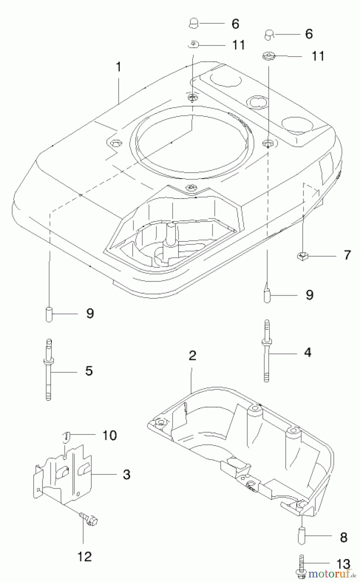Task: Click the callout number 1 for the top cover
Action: click(x=118, y=67)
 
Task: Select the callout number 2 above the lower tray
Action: click(x=192, y=356)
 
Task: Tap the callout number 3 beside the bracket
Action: click(x=126, y=474)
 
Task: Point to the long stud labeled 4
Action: click(x=267, y=351)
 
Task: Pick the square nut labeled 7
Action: click(x=302, y=256)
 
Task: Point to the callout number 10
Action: click(x=110, y=435)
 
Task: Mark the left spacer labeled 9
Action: click(x=49, y=314)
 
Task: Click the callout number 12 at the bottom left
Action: click(x=84, y=556)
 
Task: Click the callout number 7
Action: click(x=347, y=255)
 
